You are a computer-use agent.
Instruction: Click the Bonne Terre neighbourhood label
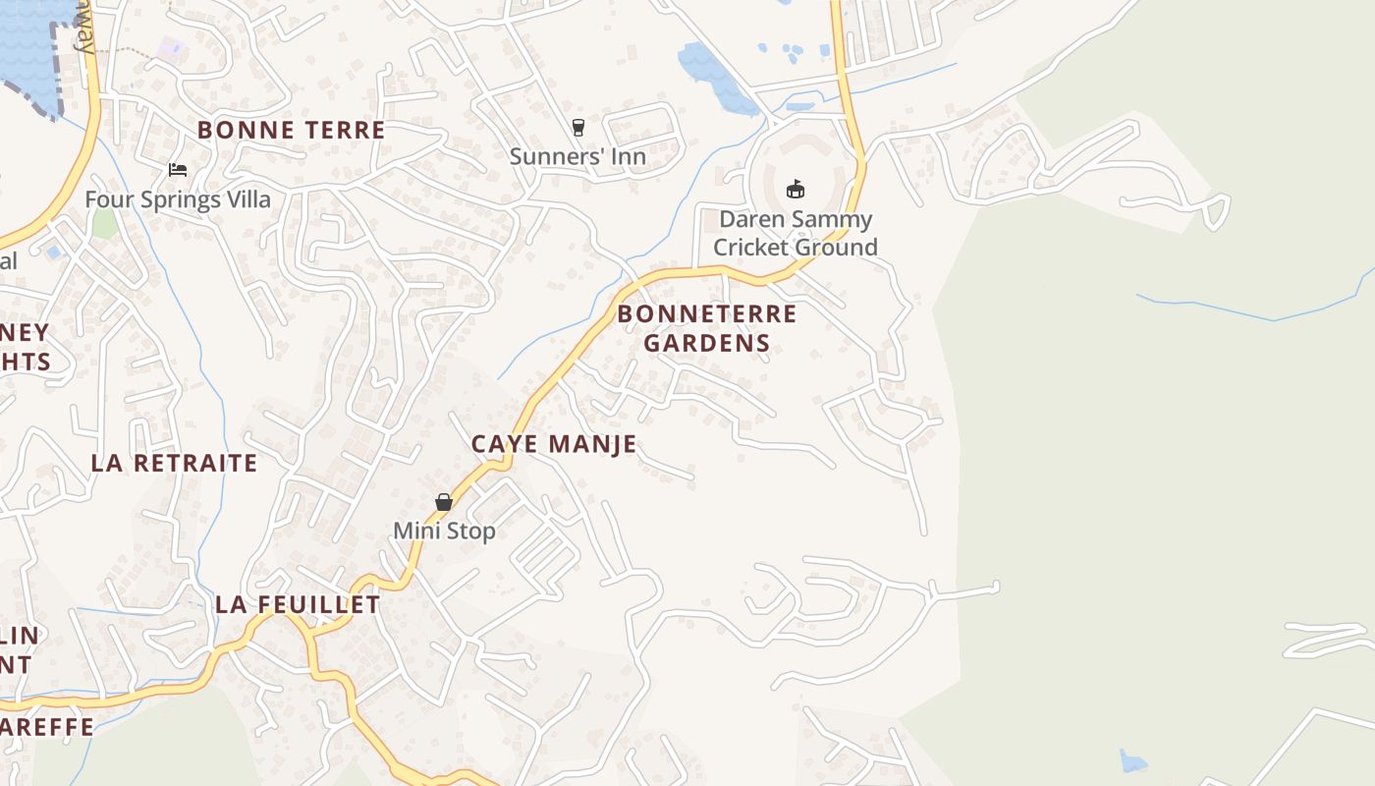[x=291, y=130]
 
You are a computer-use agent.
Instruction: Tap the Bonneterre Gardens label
[x=706, y=328]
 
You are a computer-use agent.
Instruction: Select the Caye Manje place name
[x=554, y=444]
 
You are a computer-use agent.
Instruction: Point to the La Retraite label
[x=175, y=463]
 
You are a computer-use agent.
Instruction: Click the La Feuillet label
[x=298, y=604]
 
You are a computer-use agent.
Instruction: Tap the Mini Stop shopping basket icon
[x=444, y=502]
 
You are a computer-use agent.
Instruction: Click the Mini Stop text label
[x=444, y=531]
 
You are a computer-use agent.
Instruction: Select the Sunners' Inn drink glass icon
[x=577, y=127]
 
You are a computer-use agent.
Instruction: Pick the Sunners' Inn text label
[x=577, y=156]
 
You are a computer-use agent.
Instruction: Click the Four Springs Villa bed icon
[x=178, y=170]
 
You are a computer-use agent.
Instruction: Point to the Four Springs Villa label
[x=178, y=199]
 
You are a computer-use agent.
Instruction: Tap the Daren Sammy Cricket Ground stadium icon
[x=796, y=189]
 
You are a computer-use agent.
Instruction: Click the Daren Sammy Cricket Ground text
[x=796, y=233]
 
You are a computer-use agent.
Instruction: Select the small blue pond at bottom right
[x=1132, y=761]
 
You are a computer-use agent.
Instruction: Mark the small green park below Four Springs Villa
[x=104, y=223]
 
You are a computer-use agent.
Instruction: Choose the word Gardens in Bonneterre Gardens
[x=706, y=343]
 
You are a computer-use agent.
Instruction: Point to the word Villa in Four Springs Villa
[x=246, y=199]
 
